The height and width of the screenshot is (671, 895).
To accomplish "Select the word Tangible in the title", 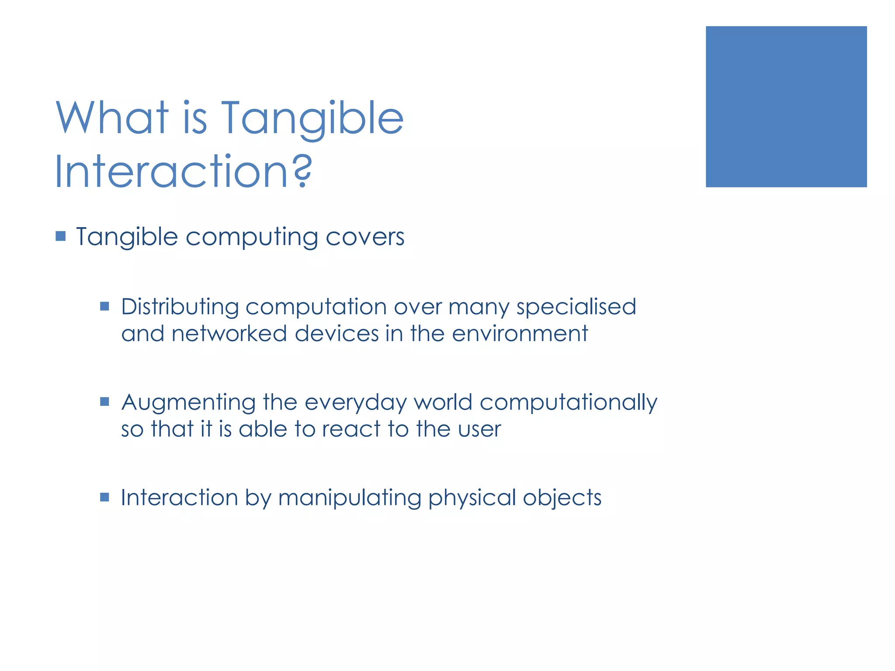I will tap(312, 119).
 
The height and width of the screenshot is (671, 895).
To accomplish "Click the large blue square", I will tap(786, 107).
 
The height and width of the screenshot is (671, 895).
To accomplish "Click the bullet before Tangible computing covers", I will tap(61, 236).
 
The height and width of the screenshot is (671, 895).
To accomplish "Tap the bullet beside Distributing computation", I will tap(104, 306).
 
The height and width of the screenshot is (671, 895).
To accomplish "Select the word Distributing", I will tap(180, 307).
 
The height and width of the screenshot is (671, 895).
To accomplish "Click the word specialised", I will tap(576, 307).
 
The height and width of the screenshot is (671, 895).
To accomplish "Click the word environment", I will tap(520, 334).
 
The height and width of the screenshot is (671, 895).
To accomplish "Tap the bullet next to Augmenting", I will tap(104, 401).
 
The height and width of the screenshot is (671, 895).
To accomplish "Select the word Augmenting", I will tap(188, 403).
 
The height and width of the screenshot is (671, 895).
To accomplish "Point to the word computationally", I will tap(568, 403).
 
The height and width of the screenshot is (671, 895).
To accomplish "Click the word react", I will tap(351, 429).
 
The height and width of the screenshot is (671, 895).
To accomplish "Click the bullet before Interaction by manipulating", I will tap(104, 497).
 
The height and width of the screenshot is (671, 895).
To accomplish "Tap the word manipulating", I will tap(349, 498).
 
